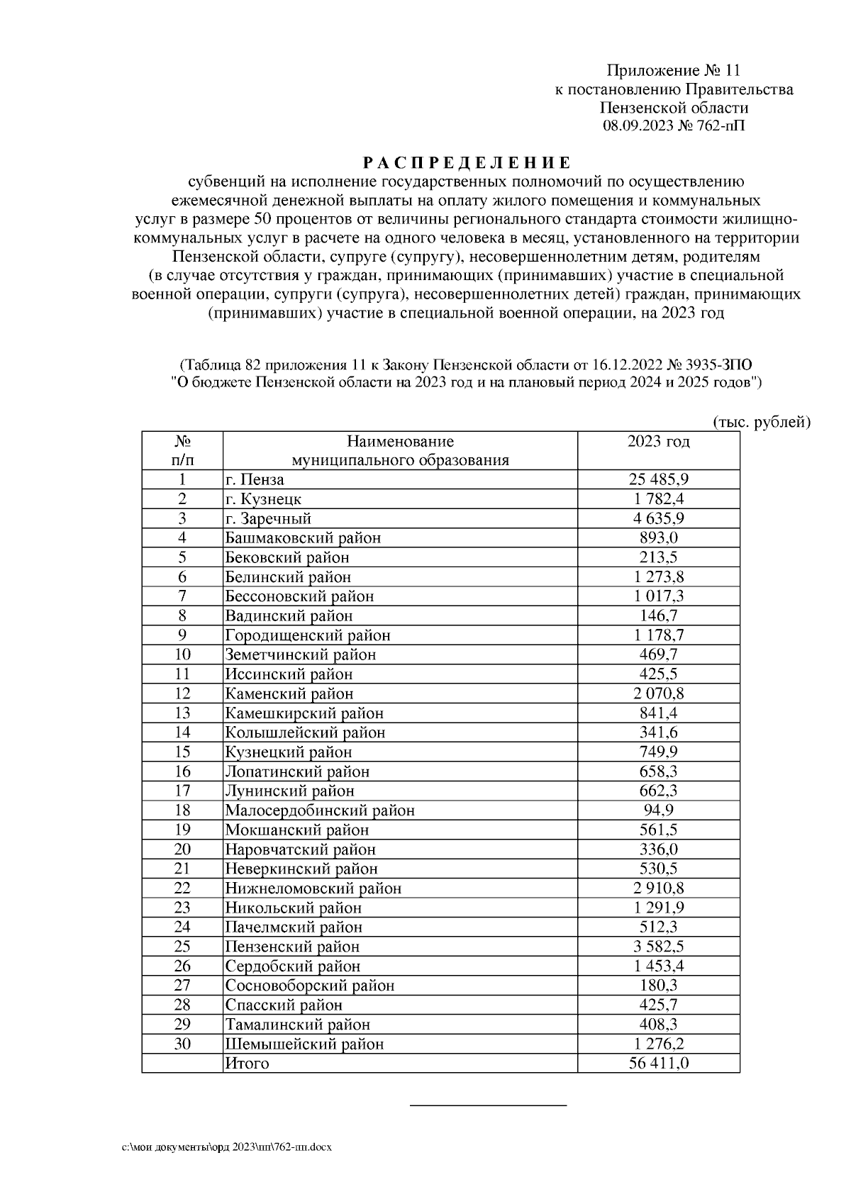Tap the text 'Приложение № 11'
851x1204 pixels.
(673, 70)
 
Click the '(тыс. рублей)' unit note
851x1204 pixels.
(761, 423)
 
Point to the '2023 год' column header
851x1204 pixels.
(658, 442)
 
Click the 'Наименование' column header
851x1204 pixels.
(401, 442)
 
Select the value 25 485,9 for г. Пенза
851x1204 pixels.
(658, 479)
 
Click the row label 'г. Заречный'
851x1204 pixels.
(268, 518)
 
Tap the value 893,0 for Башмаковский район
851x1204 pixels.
(658, 537)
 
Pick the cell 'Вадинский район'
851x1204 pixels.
(289, 615)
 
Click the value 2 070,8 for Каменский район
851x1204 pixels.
(658, 693)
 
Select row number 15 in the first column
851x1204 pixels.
(182, 752)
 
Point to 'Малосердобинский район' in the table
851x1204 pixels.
(320, 810)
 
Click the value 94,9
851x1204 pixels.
(658, 810)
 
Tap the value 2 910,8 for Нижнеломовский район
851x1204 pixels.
(658, 888)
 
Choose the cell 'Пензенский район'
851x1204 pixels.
(292, 947)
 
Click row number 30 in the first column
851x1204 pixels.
(182, 1044)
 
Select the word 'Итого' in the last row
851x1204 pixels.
(247, 1064)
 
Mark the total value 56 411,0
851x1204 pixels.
(658, 1064)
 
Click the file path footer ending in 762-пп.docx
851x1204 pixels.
(227, 1147)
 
